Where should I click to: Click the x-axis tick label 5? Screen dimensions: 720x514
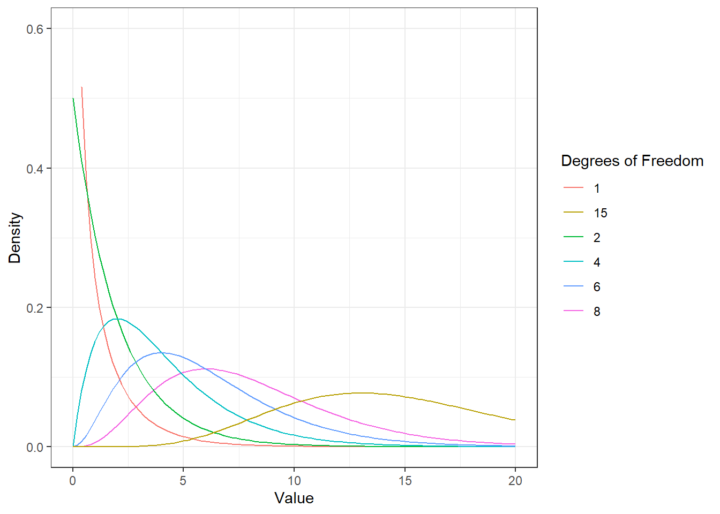tap(183, 481)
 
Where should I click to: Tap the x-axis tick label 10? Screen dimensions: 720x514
tap(294, 481)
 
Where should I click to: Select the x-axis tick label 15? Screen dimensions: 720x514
tap(404, 481)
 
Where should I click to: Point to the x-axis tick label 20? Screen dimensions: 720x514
tap(515, 481)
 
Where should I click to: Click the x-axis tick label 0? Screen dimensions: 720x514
tap(73, 481)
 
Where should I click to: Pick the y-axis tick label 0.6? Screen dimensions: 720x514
tap(35, 29)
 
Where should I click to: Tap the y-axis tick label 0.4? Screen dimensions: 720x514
tap(35, 169)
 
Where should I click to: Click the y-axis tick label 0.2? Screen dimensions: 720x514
tap(35, 308)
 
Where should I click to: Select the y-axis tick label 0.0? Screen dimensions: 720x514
tap(35, 447)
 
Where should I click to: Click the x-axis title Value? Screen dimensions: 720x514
tap(294, 498)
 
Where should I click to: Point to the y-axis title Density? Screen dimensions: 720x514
tap(15, 238)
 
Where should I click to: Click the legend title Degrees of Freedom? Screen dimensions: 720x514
tap(632, 161)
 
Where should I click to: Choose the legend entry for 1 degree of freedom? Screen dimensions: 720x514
tap(582, 188)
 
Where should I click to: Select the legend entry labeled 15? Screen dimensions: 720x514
tap(586, 213)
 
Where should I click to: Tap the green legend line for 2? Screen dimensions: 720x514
tap(573, 237)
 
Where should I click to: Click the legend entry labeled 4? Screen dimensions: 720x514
tap(582, 262)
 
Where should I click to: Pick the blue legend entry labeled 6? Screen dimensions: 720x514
tap(582, 286)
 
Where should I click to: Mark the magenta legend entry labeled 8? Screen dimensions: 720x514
tap(582, 311)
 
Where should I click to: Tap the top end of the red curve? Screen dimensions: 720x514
tap(81, 87)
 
